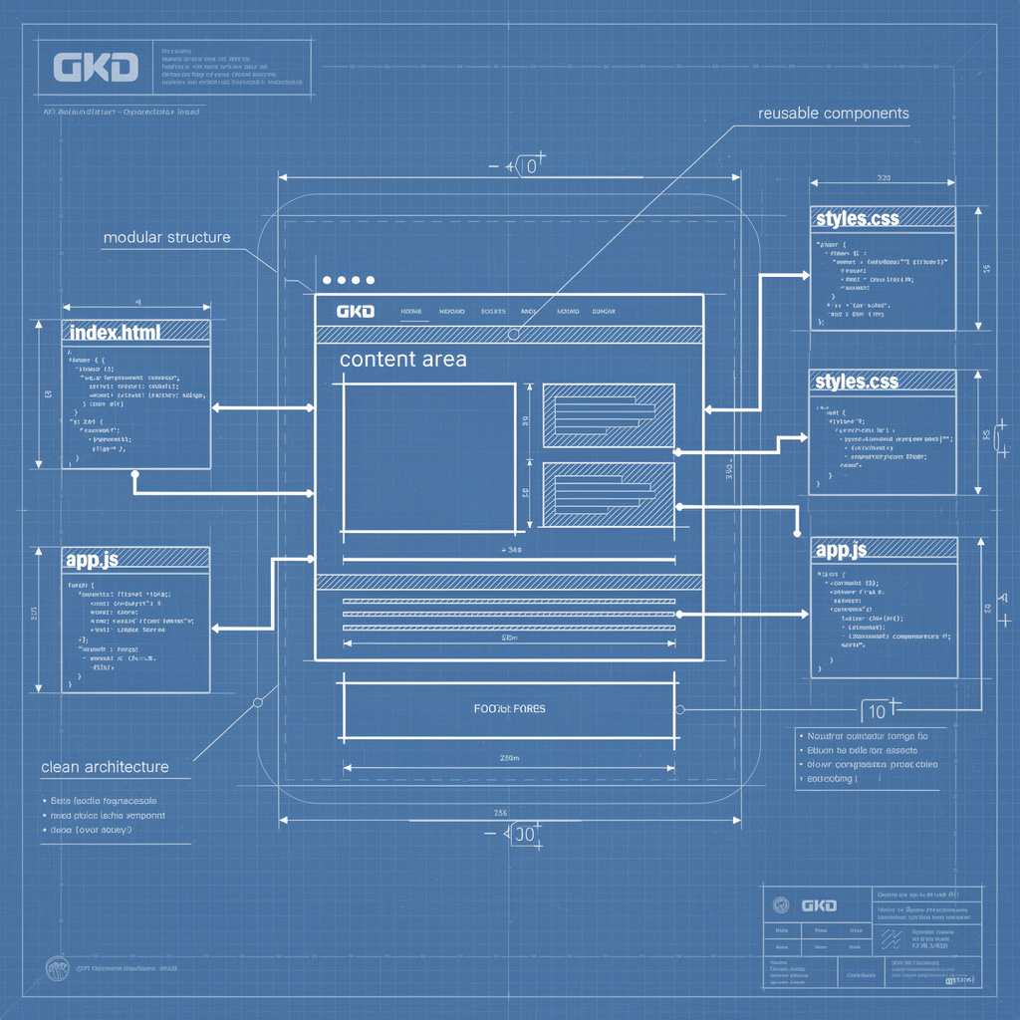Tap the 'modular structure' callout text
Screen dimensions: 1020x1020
166,237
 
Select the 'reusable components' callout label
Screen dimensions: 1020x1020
833,114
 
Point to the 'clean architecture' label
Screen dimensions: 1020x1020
105,767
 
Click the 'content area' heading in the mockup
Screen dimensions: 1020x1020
402,359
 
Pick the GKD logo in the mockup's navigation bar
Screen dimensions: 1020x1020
356,312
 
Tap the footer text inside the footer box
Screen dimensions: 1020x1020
509,709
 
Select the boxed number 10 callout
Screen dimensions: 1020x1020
877,710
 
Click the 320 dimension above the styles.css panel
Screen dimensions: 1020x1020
883,178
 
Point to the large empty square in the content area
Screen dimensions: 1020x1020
428,457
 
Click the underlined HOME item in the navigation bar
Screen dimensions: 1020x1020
411,312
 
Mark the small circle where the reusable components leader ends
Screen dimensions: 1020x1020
513,334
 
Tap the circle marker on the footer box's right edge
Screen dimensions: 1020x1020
680,710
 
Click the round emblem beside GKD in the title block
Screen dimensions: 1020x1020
781,904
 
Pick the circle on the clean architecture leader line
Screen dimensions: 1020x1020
258,702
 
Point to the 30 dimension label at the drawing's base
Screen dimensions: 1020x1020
524,835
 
